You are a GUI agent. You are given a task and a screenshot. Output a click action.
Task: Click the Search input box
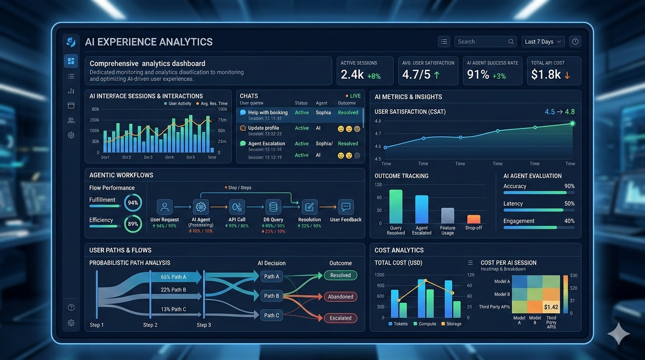(485, 42)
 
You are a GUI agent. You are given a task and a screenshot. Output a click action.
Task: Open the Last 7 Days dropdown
(543, 42)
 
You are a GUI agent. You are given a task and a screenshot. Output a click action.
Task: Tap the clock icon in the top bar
(575, 42)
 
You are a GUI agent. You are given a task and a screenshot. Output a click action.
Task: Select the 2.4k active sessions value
(352, 74)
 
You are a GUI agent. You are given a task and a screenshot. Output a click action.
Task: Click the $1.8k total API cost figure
(546, 74)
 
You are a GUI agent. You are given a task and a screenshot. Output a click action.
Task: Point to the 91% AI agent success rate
(478, 74)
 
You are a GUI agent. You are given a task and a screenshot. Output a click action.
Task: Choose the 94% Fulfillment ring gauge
(133, 203)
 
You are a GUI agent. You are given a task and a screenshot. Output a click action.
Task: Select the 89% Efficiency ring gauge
(133, 224)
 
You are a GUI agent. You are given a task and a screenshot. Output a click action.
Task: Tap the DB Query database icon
(273, 207)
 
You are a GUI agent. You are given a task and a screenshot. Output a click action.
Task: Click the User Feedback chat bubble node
(346, 207)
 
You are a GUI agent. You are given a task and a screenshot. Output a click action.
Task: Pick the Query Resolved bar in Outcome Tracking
(396, 206)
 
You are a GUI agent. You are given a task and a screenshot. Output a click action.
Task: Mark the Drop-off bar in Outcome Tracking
(473, 219)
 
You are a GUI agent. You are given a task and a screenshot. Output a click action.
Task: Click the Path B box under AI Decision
(272, 296)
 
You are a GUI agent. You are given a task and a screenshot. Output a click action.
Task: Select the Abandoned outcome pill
(340, 297)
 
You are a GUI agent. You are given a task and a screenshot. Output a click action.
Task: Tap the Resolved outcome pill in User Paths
(340, 276)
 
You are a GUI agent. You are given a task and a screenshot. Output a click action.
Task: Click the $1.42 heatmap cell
(551, 307)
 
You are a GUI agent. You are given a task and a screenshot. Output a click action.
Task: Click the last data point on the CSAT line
(572, 123)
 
